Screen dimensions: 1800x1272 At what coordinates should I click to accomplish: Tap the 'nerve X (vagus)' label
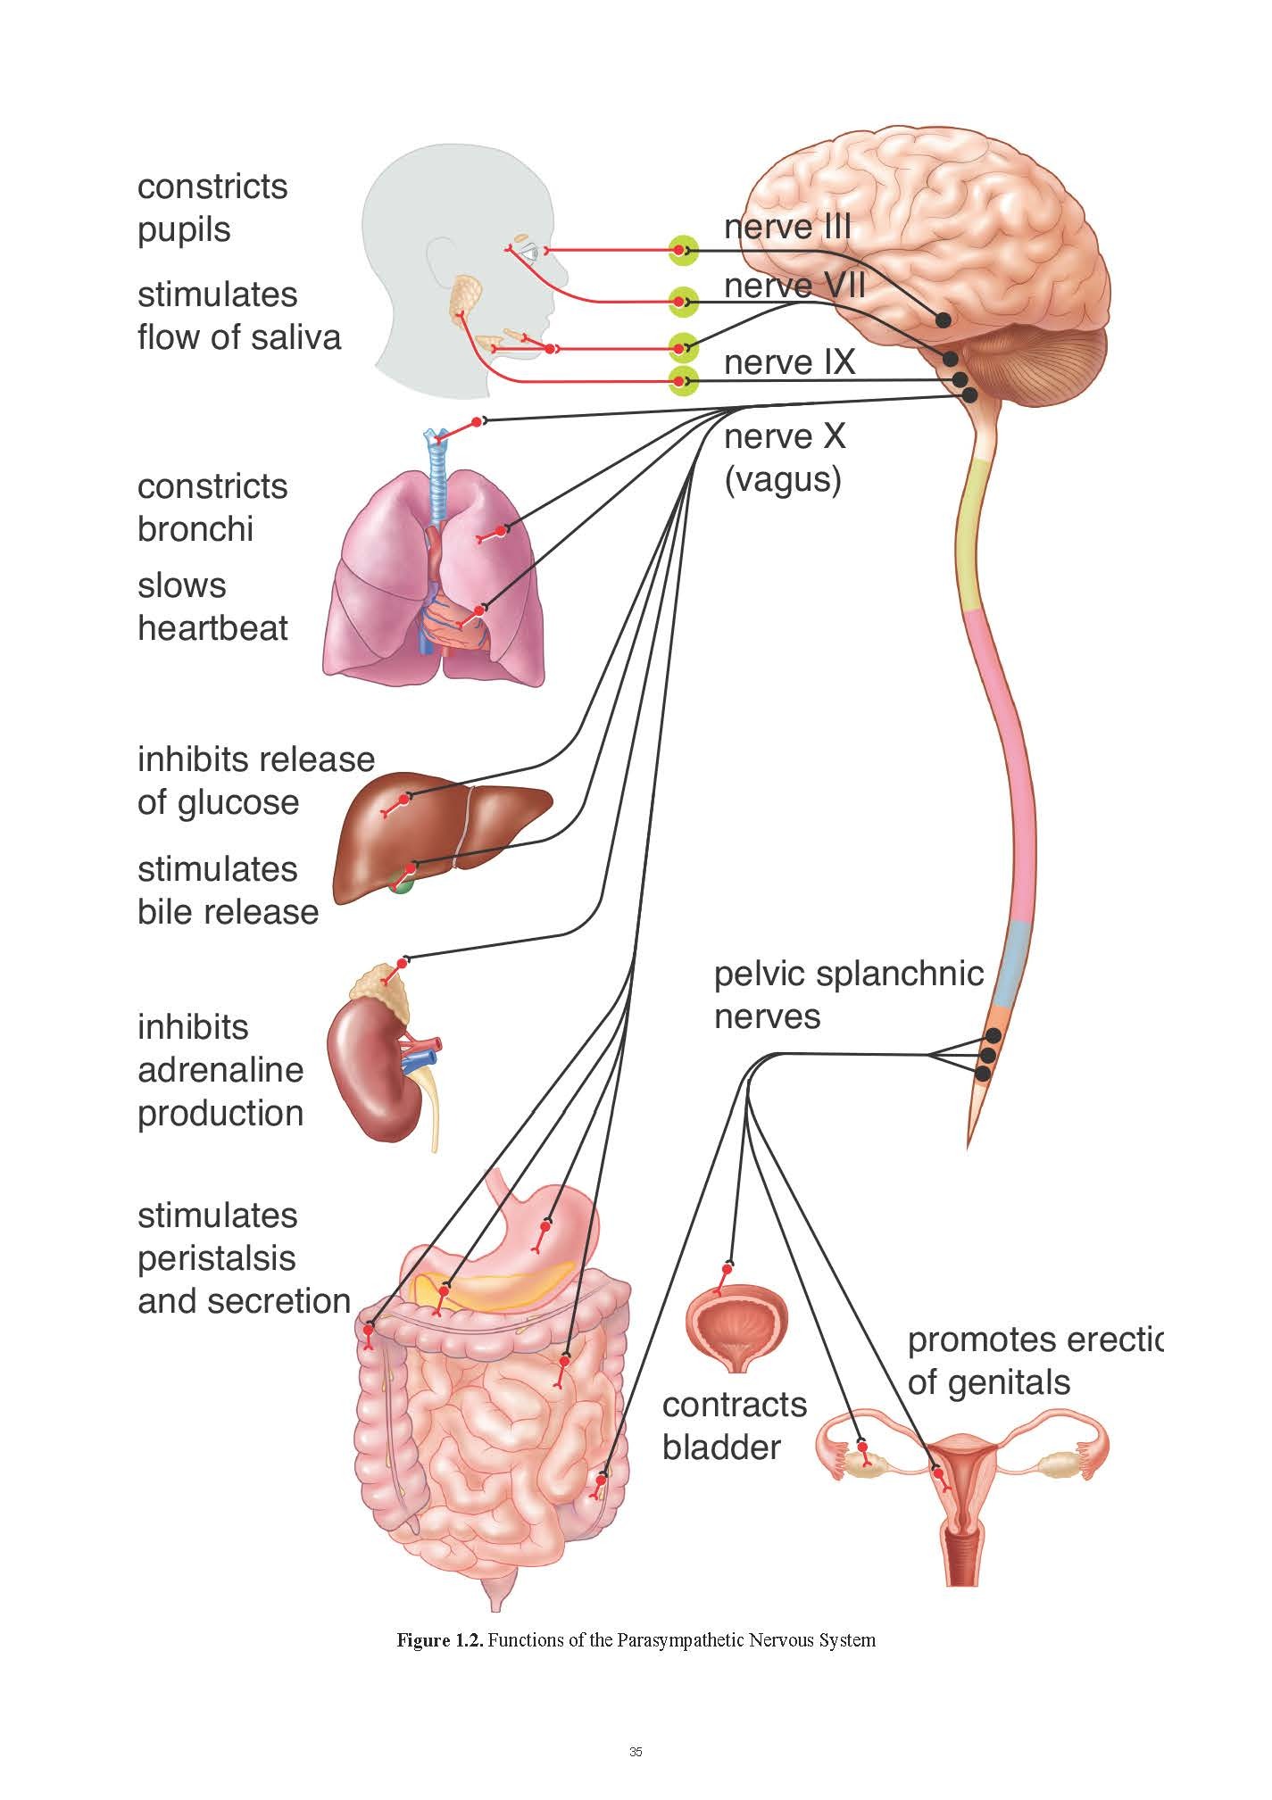pos(784,459)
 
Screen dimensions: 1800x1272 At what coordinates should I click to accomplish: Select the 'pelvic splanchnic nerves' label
pos(847,995)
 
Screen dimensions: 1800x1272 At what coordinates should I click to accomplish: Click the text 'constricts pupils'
pos(212,208)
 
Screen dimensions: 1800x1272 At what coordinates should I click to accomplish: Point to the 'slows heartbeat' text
pos(212,607)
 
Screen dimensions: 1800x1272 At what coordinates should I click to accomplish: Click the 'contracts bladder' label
pos(734,1425)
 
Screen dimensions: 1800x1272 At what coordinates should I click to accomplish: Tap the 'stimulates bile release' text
pos(227,891)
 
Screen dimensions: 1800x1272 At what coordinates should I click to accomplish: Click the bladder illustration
pos(736,1324)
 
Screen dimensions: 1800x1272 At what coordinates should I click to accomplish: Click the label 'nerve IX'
pos(789,363)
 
